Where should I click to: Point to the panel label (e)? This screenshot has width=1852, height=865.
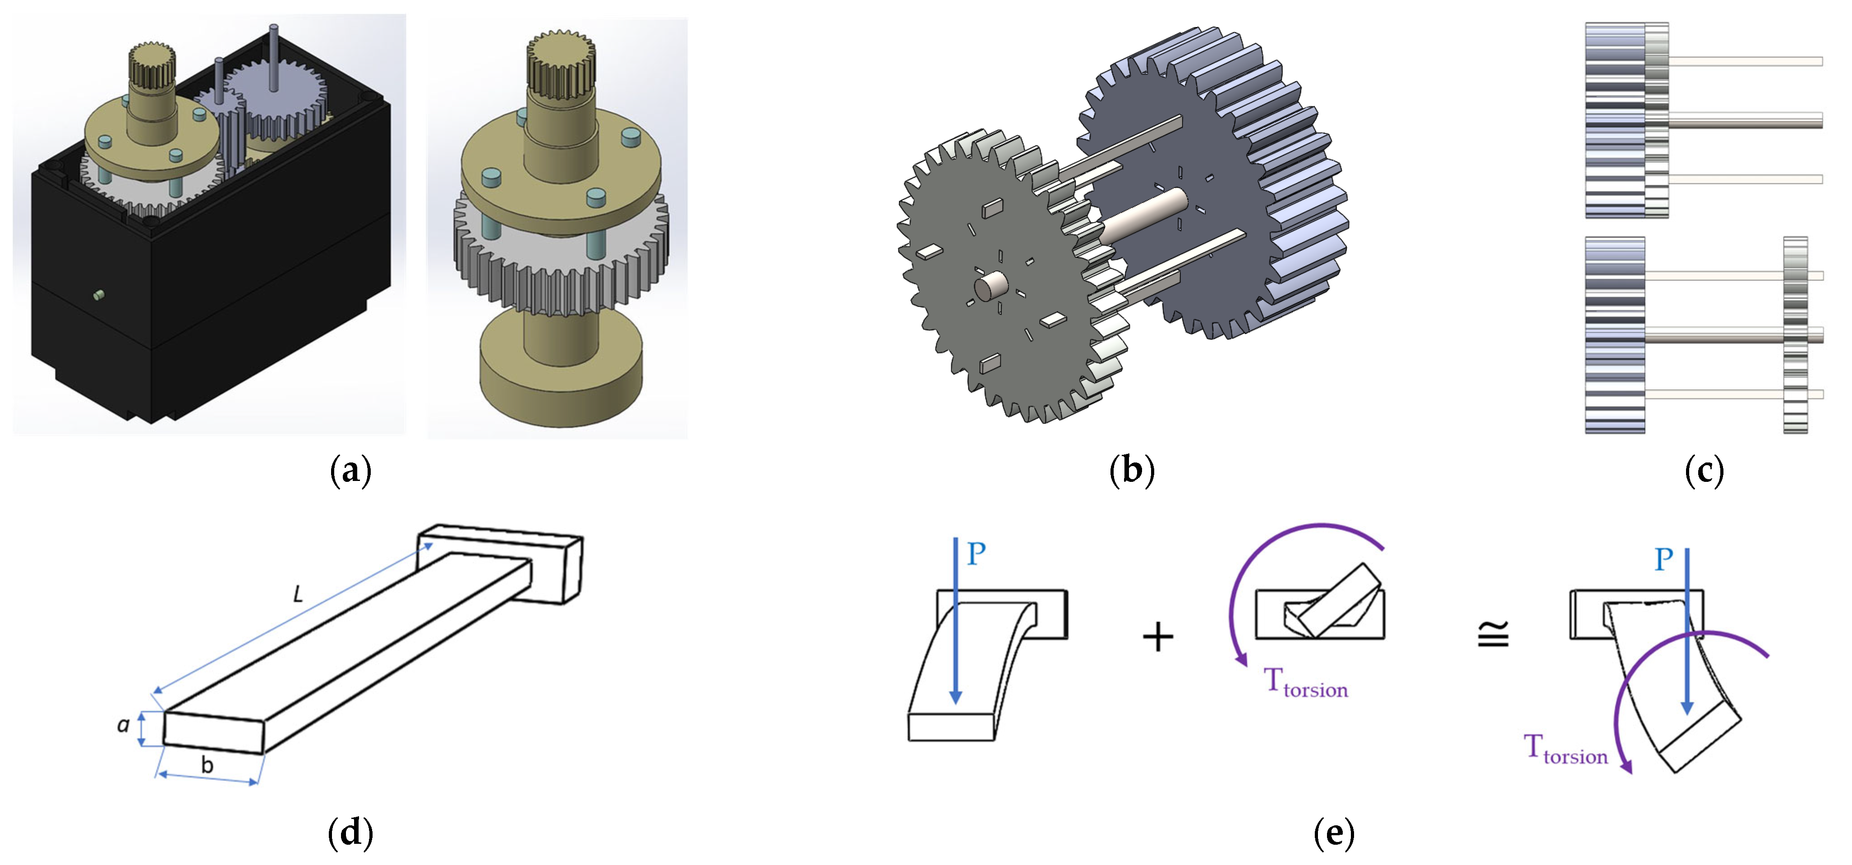(1334, 833)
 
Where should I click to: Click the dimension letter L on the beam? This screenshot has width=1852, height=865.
(298, 594)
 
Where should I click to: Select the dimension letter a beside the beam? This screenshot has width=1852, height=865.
(124, 725)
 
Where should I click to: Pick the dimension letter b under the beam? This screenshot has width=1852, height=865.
(207, 765)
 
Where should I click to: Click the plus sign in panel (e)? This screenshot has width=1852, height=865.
(1157, 636)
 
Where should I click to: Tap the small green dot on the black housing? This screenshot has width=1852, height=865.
(99, 294)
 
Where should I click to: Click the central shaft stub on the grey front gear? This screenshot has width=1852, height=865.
(986, 288)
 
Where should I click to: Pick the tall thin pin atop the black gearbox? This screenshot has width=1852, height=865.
(273, 58)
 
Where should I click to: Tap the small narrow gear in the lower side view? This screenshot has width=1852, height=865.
(1795, 335)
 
